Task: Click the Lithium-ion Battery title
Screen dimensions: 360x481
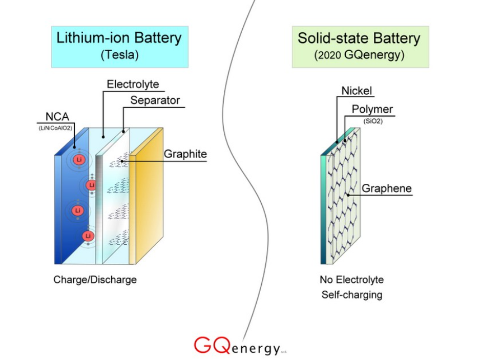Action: pos(119,38)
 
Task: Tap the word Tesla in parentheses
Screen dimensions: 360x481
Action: pos(119,55)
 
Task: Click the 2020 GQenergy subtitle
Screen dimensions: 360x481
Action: pos(359,55)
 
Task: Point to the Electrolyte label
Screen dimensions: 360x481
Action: pos(133,84)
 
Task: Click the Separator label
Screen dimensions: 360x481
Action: pos(155,100)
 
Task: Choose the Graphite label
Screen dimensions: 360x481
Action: pos(185,154)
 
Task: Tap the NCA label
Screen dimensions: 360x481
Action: pos(57,117)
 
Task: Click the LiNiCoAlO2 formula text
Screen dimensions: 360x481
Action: pos(55,128)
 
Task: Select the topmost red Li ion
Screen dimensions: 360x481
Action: pos(78,160)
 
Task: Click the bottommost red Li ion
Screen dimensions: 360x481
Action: pos(88,236)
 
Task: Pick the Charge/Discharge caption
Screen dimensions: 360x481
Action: pos(95,280)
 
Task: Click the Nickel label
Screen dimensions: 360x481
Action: pos(357,92)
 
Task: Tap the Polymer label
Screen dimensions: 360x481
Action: pos(372,110)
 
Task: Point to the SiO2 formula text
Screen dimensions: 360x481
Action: pos(372,121)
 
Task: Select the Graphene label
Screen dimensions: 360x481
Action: pos(386,188)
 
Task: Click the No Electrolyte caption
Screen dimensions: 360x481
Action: pos(351,280)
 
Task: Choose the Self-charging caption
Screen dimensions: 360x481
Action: pos(351,295)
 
